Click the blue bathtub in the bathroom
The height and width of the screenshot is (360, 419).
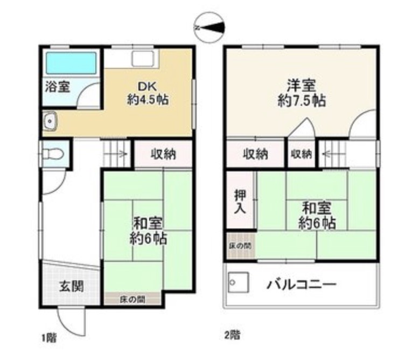point(71,63)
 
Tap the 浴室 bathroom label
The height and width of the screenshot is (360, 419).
point(58,86)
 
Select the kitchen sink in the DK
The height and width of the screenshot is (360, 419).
point(143,59)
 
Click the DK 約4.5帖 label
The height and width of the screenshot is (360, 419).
point(148,93)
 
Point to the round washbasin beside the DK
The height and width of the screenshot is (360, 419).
point(50,121)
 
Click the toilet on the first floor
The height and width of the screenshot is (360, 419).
point(53,154)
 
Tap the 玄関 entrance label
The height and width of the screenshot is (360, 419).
point(71,286)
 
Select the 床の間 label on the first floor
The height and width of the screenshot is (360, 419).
point(132,300)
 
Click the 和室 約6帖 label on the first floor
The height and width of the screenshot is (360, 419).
point(148,231)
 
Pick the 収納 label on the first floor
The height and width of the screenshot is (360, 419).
point(164,154)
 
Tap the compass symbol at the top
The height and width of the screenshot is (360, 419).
point(209,27)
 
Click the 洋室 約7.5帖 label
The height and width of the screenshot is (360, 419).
point(302,93)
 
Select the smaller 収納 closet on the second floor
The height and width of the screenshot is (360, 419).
point(302,154)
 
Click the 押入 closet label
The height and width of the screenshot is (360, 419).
point(240,202)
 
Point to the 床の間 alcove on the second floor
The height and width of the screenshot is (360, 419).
point(241,245)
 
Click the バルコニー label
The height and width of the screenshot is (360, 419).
point(302,285)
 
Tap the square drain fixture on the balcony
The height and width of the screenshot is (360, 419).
point(239,282)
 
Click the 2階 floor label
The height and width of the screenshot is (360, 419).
point(232,335)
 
